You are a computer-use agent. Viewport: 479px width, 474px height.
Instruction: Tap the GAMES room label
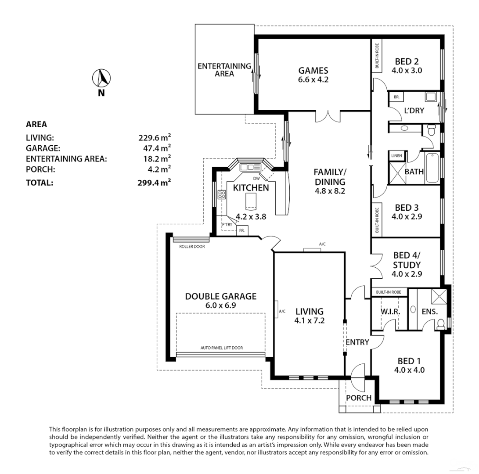tap(313, 71)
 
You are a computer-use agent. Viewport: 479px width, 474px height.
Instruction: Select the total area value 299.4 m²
tap(154, 183)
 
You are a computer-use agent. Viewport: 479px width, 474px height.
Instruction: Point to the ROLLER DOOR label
tap(192, 247)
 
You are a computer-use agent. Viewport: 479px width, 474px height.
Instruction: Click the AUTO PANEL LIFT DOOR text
tap(221, 348)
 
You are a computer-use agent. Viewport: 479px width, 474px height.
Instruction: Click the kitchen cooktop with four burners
tap(222, 194)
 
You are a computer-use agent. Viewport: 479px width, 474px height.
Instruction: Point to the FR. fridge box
tap(242, 230)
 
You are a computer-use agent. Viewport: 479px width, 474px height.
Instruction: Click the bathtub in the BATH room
tap(432, 168)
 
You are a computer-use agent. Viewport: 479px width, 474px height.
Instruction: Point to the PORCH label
tap(359, 398)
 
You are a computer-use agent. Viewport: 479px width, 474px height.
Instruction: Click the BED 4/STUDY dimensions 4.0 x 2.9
tap(407, 274)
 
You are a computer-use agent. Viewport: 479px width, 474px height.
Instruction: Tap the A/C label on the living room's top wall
tap(322, 244)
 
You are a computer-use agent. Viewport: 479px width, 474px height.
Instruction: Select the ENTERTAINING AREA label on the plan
tap(224, 70)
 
